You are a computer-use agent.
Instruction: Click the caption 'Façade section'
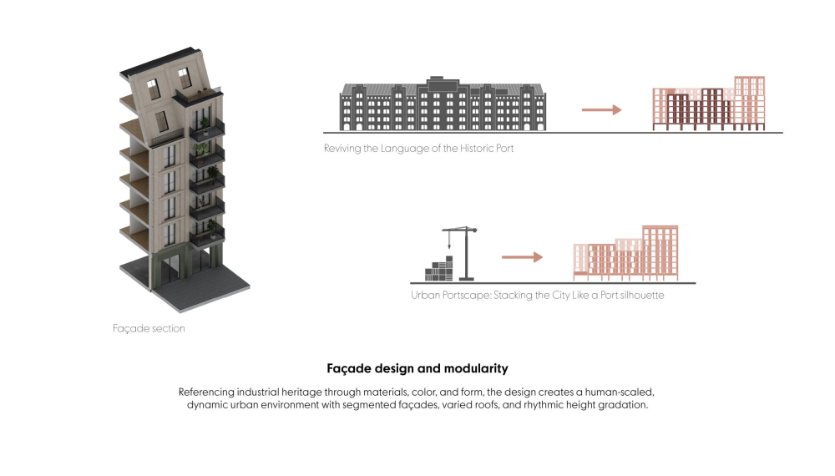[x=149, y=328]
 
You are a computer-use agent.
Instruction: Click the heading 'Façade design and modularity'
[x=417, y=368]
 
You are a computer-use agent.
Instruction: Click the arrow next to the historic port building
[x=602, y=109]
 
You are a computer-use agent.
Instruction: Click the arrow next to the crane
[x=522, y=257]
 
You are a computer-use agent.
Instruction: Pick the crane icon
[x=460, y=253]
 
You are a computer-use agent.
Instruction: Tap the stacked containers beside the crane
[x=439, y=269]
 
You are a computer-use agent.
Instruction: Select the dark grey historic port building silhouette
[x=442, y=104]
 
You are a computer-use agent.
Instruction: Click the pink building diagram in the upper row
[x=709, y=104]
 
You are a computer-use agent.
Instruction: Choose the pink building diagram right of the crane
[x=625, y=253]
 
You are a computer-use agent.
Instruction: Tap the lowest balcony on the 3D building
[x=208, y=238]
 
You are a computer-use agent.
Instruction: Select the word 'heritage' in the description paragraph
[x=301, y=392]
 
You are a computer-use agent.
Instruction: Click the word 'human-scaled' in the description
[x=620, y=392]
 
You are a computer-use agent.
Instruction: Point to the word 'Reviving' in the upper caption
[x=342, y=149]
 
